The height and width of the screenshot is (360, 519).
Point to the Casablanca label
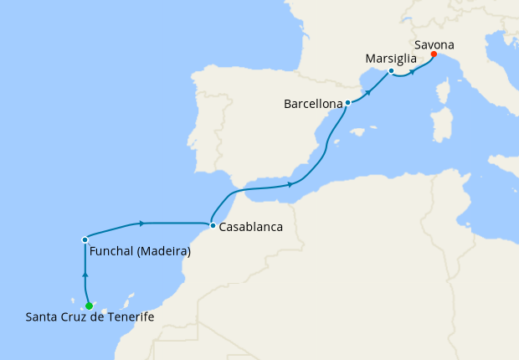click(x=250, y=227)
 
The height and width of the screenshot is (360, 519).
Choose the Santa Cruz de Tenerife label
click(x=90, y=316)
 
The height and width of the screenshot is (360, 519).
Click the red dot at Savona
click(x=434, y=54)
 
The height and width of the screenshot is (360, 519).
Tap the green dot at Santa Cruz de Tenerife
click(x=89, y=306)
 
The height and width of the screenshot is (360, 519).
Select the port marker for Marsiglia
click(x=391, y=71)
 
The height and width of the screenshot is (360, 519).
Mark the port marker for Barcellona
click(x=347, y=103)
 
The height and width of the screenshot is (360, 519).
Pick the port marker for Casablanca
click(x=213, y=225)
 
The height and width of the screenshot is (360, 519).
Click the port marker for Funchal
click(x=85, y=239)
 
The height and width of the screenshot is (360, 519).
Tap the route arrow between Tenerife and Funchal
click(x=85, y=274)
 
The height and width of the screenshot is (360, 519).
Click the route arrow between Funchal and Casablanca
click(x=142, y=223)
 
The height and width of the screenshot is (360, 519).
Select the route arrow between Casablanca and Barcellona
click(x=290, y=184)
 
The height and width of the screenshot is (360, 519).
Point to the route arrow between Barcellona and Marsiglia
click(x=368, y=88)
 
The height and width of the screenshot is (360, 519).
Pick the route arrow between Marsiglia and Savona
click(x=413, y=72)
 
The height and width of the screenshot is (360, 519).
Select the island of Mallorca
click(x=360, y=131)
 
